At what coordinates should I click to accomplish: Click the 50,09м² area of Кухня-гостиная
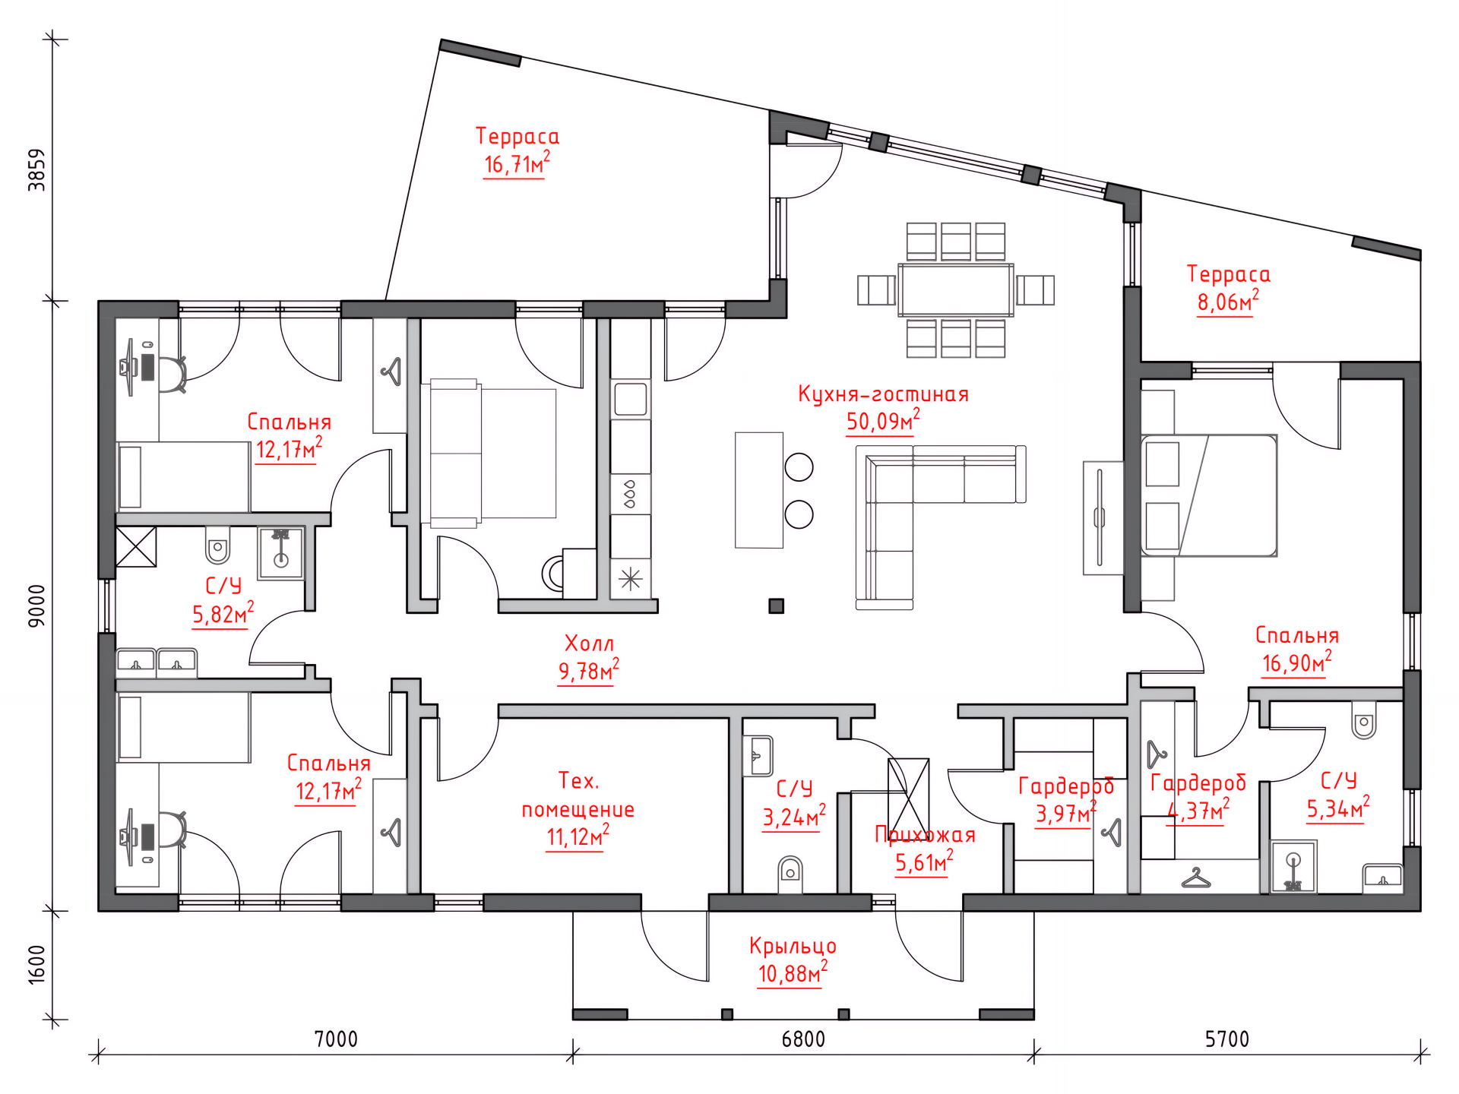(x=883, y=421)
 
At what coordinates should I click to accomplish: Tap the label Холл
(x=589, y=643)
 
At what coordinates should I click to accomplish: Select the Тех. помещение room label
(x=578, y=795)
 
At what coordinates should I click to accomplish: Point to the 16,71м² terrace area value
(x=517, y=164)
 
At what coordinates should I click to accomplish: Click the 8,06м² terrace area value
(x=1228, y=302)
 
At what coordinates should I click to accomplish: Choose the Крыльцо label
(x=793, y=946)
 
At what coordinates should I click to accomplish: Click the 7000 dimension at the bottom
(x=336, y=1039)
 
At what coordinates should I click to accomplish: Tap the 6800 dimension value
(x=803, y=1039)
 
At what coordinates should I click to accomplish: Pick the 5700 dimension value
(x=1227, y=1039)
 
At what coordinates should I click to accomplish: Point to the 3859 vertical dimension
(x=36, y=169)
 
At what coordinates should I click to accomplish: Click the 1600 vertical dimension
(x=36, y=964)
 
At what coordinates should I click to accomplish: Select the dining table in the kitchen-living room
(x=955, y=289)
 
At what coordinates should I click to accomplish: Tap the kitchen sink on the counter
(x=631, y=399)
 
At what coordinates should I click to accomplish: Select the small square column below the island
(x=776, y=605)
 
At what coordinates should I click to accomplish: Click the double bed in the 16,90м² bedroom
(x=1208, y=495)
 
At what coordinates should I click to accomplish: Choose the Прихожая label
(x=925, y=835)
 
